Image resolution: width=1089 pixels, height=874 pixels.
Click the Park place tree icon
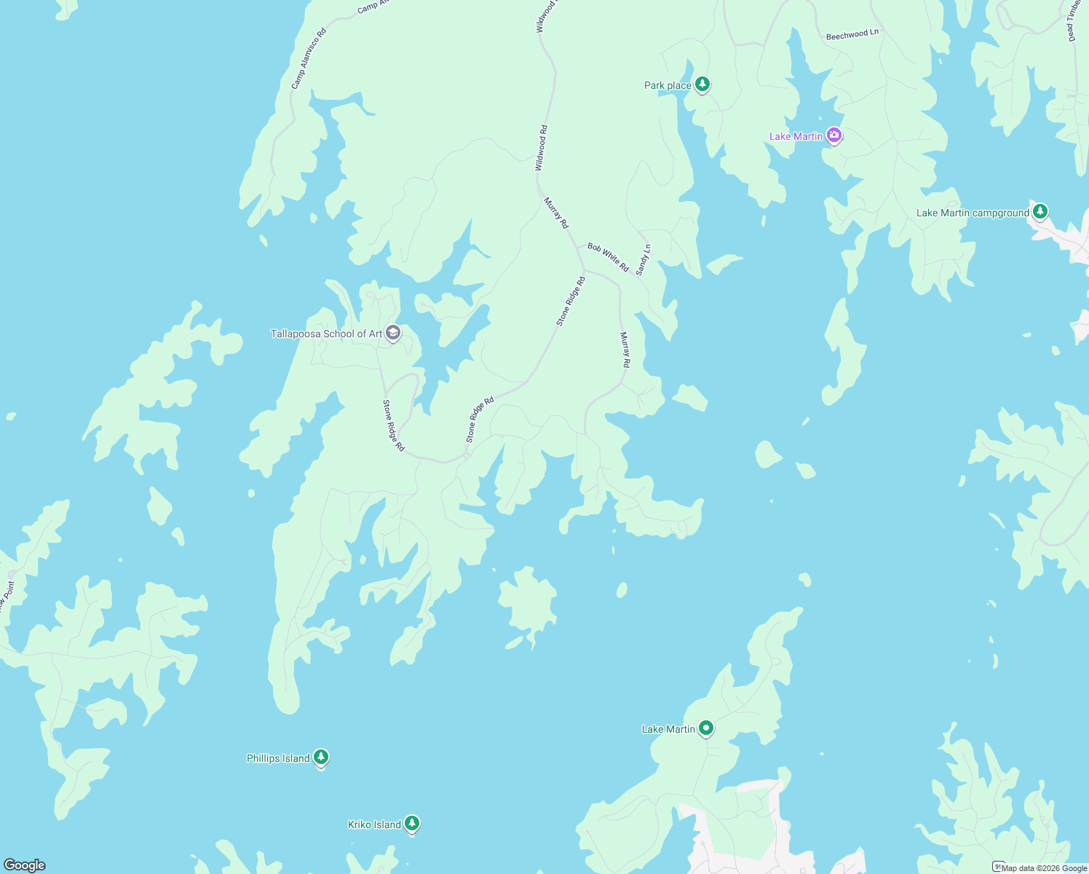(x=702, y=84)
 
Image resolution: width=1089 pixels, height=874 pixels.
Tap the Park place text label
(x=668, y=86)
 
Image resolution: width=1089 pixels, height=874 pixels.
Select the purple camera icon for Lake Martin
(x=834, y=135)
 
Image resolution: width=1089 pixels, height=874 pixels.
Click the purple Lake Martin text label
(x=796, y=136)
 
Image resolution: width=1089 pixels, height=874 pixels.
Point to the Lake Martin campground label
(x=973, y=213)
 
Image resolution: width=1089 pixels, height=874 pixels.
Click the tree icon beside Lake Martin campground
(x=1040, y=211)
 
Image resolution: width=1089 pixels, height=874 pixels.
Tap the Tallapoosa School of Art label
(x=326, y=334)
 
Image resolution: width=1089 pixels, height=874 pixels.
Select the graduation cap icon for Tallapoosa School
(x=393, y=333)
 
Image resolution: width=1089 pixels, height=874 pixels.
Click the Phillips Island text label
(x=278, y=758)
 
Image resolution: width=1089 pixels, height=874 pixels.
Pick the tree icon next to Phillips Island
(x=321, y=757)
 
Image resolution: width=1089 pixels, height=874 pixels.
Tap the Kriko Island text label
(x=374, y=824)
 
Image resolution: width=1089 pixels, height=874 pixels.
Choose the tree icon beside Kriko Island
(x=412, y=824)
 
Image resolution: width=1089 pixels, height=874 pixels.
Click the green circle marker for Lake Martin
(x=705, y=728)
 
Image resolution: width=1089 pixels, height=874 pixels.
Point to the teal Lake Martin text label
(x=668, y=729)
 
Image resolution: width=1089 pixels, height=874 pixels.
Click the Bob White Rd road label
(x=608, y=258)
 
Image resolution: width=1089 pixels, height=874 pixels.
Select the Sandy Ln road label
(x=643, y=259)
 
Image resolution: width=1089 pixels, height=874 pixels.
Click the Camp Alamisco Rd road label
(x=309, y=58)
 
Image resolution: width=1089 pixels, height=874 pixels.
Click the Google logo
(x=25, y=865)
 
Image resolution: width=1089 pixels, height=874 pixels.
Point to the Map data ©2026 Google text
(x=1044, y=868)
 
